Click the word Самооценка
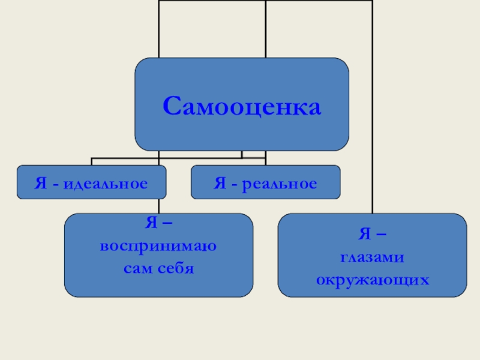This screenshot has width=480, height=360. (242, 107)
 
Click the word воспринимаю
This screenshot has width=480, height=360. (159, 247)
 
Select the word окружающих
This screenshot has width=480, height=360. (373, 279)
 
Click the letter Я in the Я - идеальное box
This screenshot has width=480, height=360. (40, 183)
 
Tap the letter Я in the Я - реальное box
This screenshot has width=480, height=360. (219, 183)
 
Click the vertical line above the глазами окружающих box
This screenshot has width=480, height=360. (372, 120)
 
